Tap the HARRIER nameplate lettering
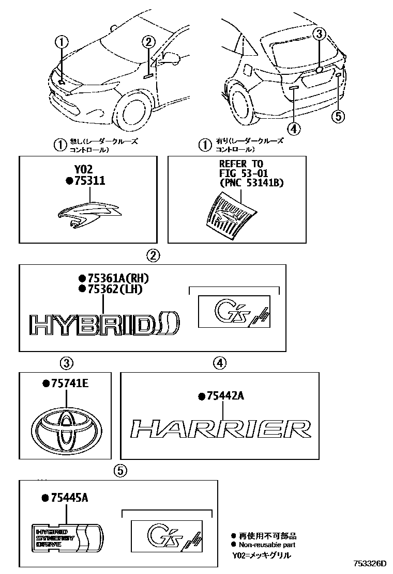click(220, 429)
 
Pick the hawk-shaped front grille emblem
click(88, 213)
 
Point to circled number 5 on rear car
click(338, 116)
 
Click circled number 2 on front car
click(148, 42)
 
